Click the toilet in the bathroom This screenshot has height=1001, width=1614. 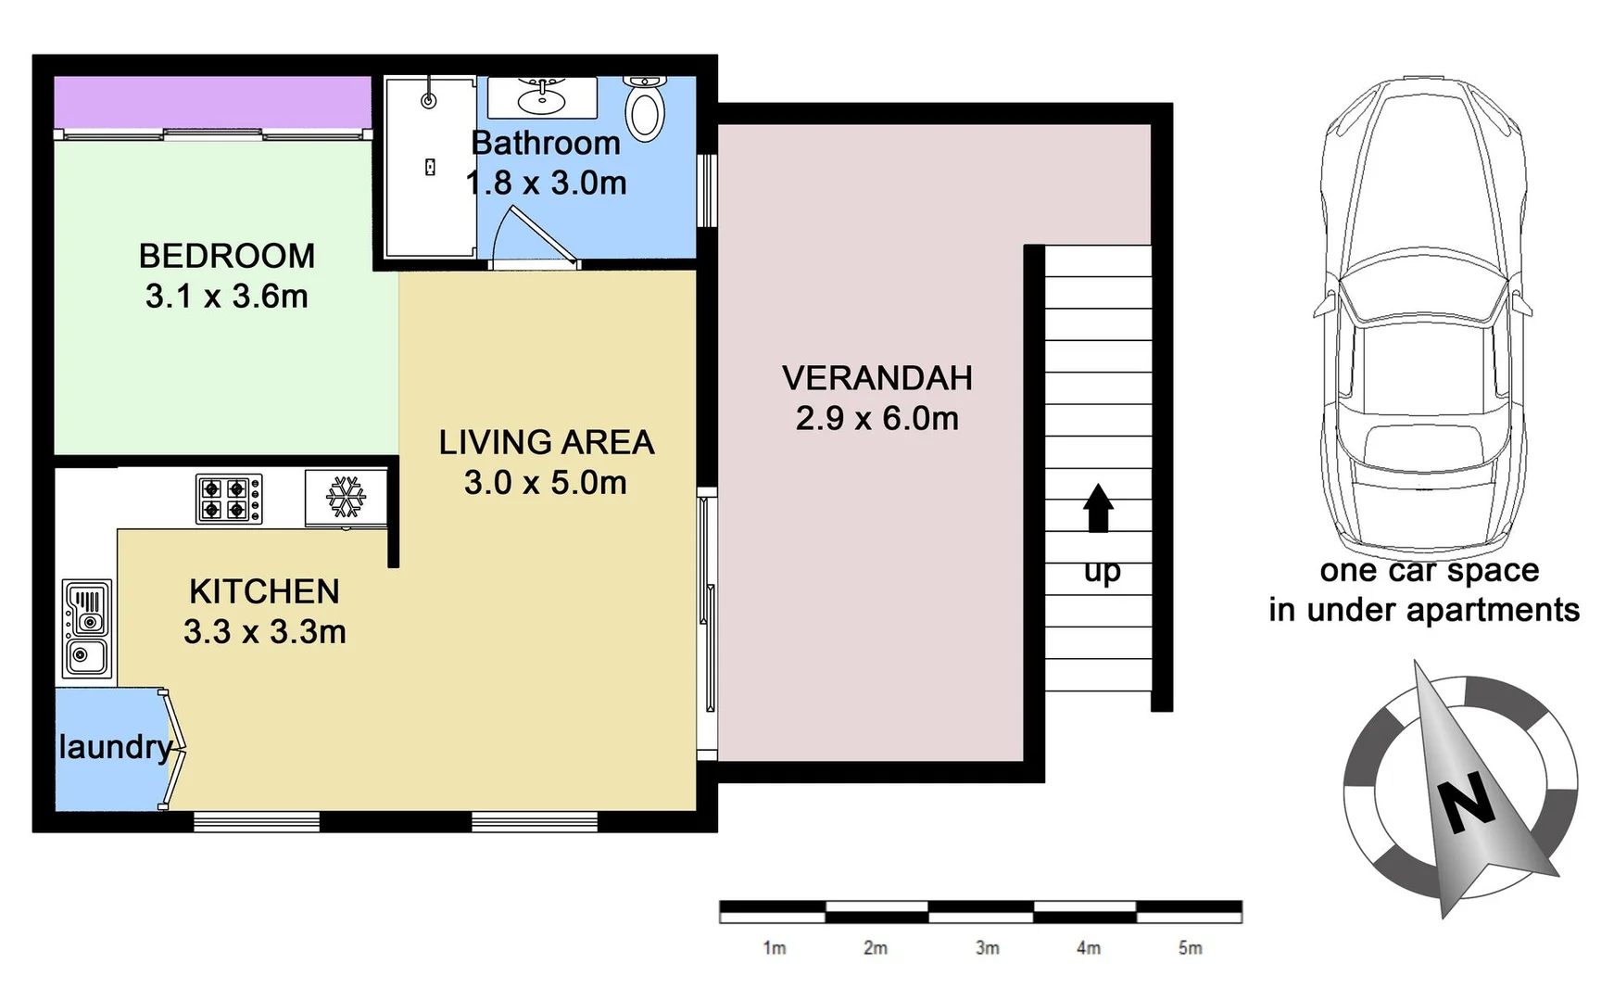[x=645, y=109]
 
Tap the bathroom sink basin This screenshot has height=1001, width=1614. [x=542, y=96]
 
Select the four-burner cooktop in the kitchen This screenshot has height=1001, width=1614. [x=228, y=499]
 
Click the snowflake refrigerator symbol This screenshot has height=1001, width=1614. [x=346, y=498]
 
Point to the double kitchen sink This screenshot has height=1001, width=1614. [x=86, y=629]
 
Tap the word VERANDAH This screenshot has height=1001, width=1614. [x=876, y=378]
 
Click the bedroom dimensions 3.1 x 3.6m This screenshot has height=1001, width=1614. [x=226, y=297]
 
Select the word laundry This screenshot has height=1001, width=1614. [x=115, y=747]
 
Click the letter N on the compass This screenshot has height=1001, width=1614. [x=1467, y=803]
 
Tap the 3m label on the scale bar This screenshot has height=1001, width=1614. [x=987, y=947]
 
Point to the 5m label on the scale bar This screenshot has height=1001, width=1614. [x=1190, y=947]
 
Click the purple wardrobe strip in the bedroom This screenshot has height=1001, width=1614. [x=211, y=102]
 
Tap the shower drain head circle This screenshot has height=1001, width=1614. [x=428, y=101]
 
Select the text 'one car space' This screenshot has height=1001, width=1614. [x=1429, y=570]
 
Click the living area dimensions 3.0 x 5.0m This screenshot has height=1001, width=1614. [x=545, y=483]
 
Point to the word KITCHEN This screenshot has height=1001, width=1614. [x=264, y=591]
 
